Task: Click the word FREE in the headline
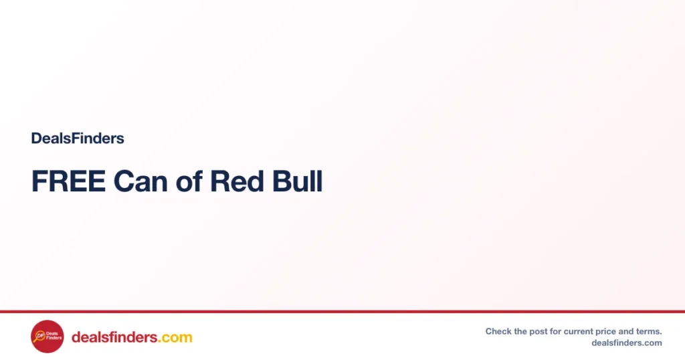[x=69, y=181]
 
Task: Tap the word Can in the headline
[x=140, y=181]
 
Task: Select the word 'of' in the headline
[x=189, y=181]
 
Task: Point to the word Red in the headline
[x=237, y=181]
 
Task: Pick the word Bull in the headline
[x=298, y=181]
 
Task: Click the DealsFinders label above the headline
[x=78, y=139]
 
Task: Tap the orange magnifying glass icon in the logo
[x=39, y=337]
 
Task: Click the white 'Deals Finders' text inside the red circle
[x=54, y=335]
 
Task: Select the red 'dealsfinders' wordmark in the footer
[x=114, y=337]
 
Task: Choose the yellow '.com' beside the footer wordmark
[x=175, y=338]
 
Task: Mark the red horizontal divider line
[x=342, y=312]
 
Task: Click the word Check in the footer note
[x=498, y=332]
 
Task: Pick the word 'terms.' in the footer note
[x=648, y=332]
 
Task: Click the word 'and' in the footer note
[x=625, y=332]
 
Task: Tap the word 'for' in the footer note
[x=556, y=332]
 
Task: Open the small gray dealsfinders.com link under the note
[x=627, y=343]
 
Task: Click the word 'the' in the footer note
[x=520, y=332]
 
